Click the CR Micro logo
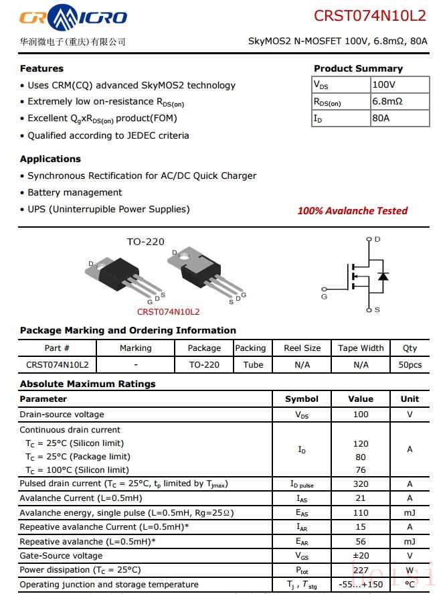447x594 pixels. [x=73, y=18]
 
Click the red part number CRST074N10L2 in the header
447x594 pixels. [x=369, y=16]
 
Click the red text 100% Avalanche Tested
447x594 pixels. [x=352, y=211]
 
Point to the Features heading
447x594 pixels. [x=41, y=68]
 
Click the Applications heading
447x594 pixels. [x=50, y=159]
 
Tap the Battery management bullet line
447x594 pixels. [x=74, y=192]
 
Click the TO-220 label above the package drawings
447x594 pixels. [x=145, y=242]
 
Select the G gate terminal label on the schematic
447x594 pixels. [x=324, y=295]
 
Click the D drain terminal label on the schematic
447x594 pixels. [x=377, y=239]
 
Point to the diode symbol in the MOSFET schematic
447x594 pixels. [x=383, y=276]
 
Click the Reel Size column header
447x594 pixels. [x=302, y=348]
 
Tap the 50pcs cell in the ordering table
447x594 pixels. [x=410, y=365]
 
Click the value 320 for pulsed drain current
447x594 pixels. [x=361, y=484]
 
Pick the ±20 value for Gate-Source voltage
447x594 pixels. [x=361, y=556]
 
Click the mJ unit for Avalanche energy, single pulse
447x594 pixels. [x=410, y=513]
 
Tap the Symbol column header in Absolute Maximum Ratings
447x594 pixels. [x=302, y=399]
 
